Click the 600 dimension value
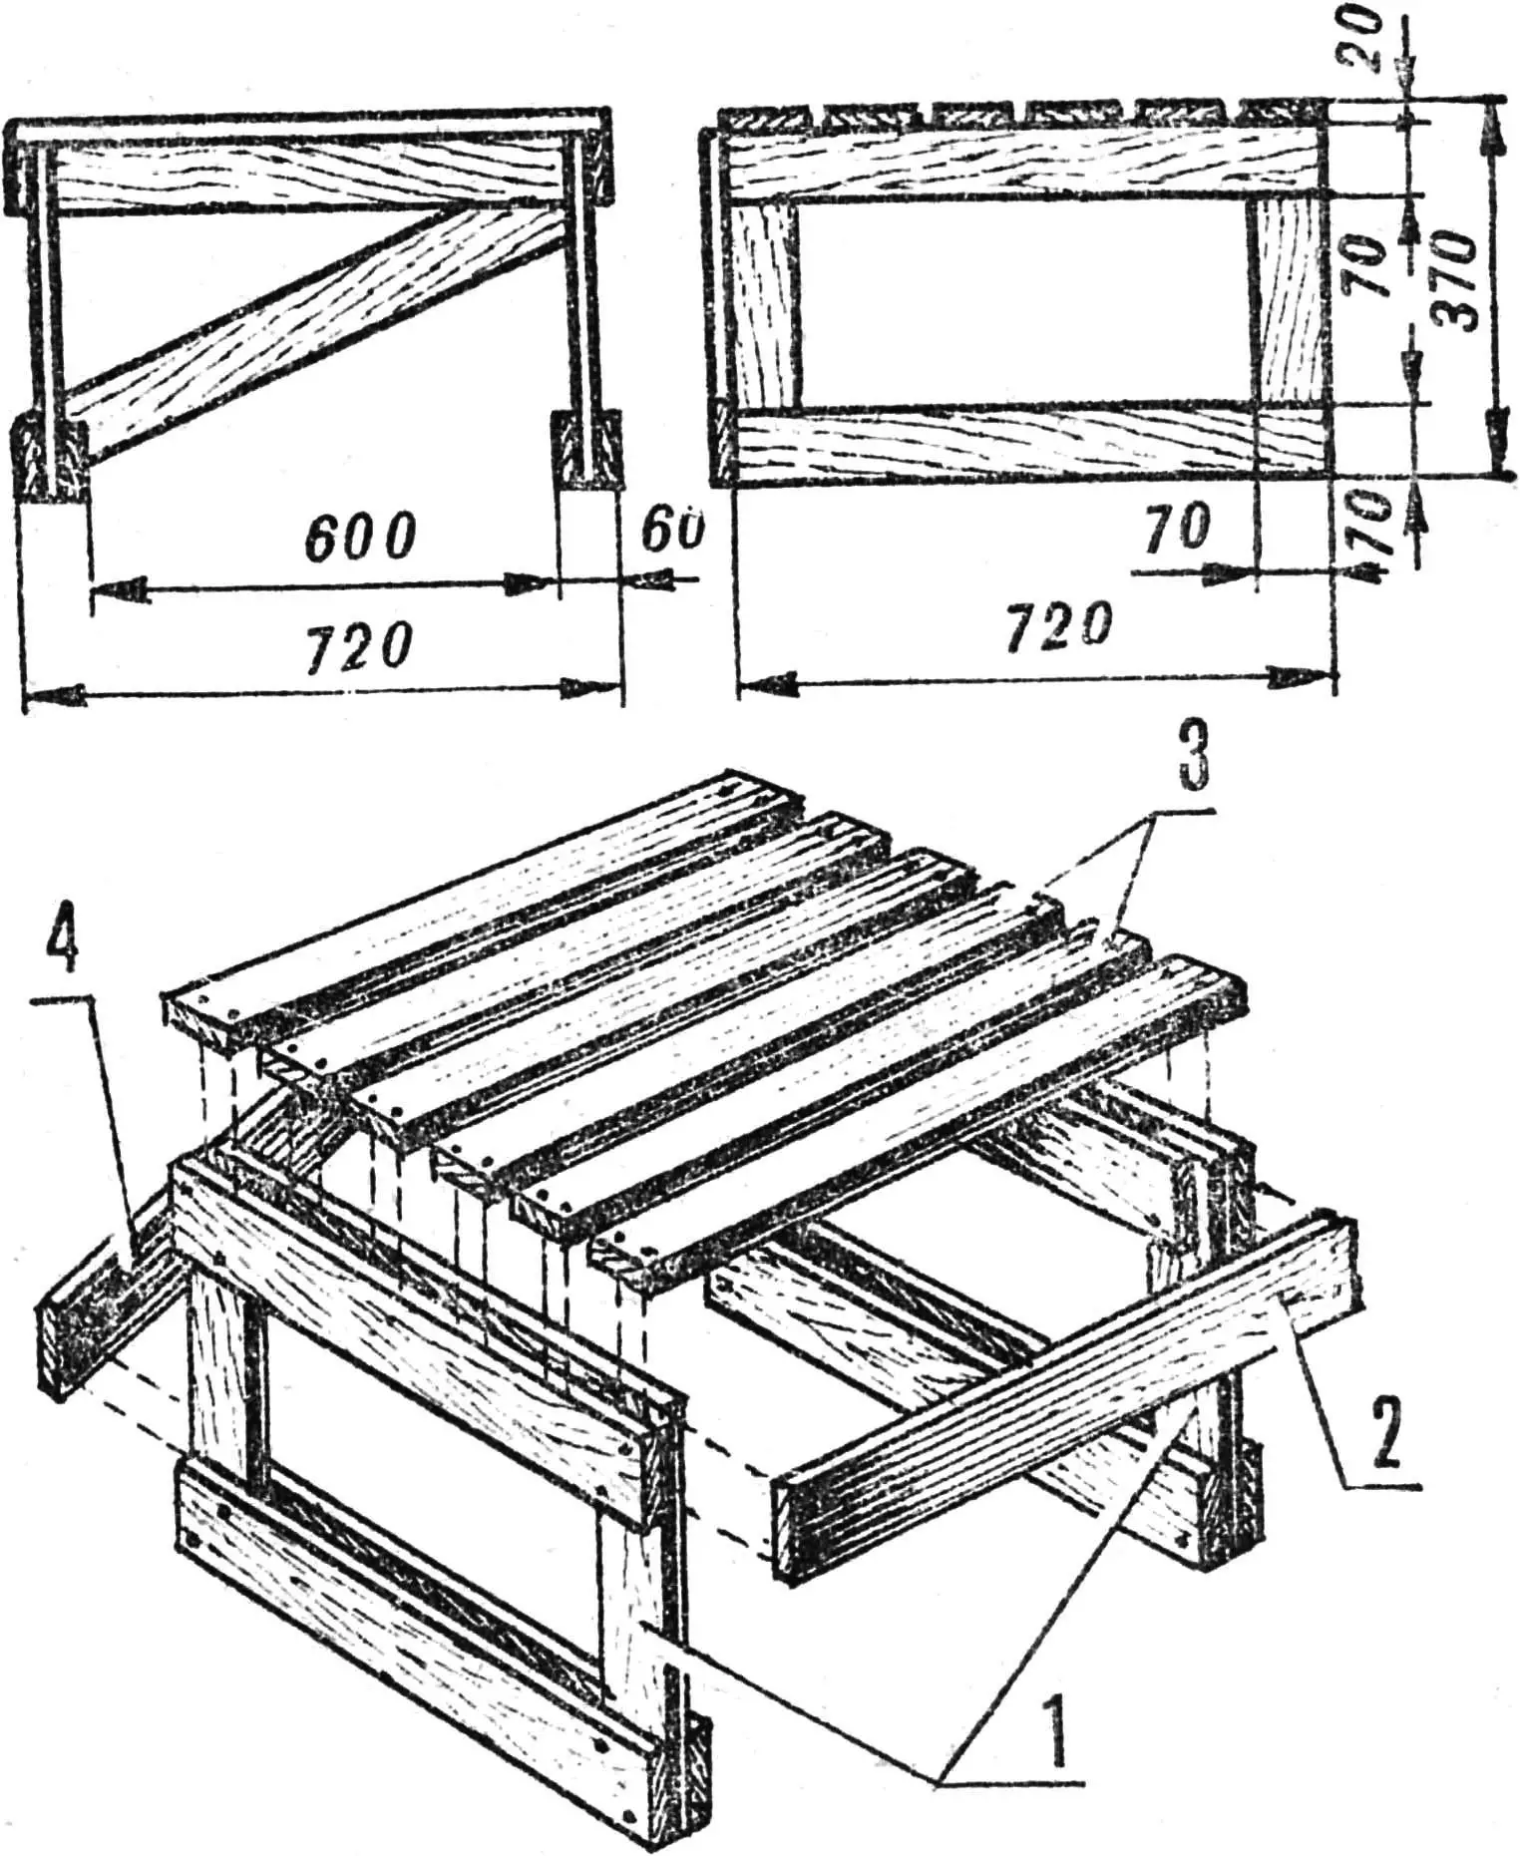pyautogui.click(x=358, y=540)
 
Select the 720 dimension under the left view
pyautogui.click(x=358, y=645)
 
